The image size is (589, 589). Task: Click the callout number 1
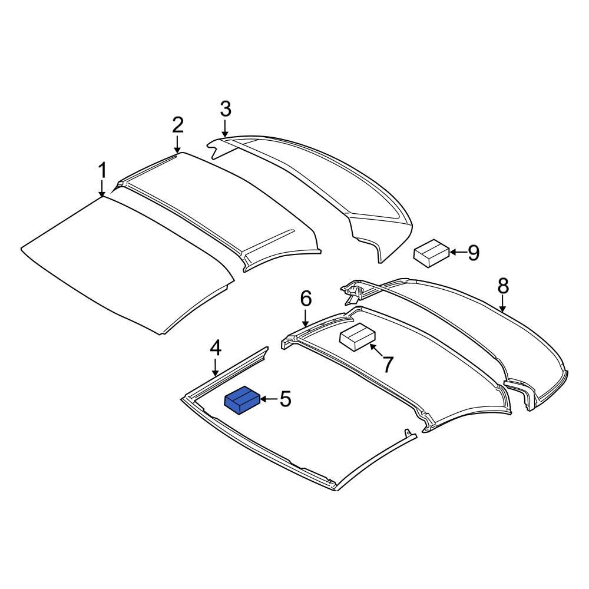[102, 171]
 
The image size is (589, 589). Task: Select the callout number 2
[178, 125]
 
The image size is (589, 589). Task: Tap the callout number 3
[226, 109]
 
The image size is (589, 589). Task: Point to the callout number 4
[216, 348]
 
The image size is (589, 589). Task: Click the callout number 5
[285, 399]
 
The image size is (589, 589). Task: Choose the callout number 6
[306, 299]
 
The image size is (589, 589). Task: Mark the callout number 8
[502, 286]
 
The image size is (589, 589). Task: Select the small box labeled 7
[358, 337]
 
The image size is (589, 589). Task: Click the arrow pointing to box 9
[457, 253]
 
